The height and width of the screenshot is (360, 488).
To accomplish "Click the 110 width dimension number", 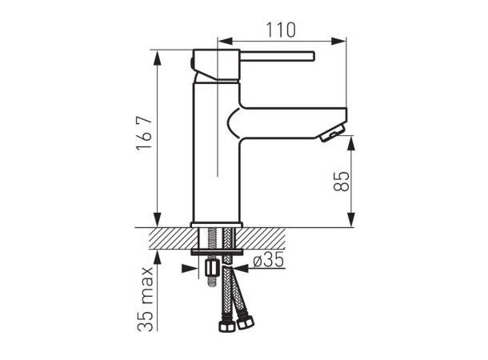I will click(x=280, y=30).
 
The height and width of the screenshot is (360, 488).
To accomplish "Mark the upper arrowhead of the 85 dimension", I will click(x=350, y=141).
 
